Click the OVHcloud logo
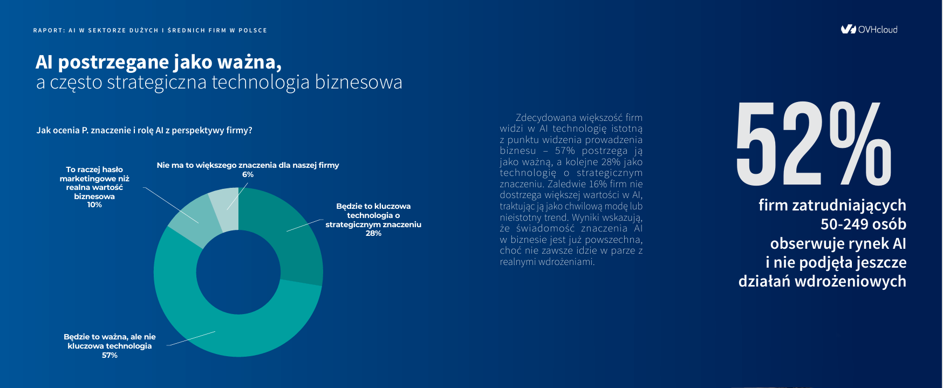(869, 29)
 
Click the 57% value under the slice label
(110, 355)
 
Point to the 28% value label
(373, 233)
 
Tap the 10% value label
(94, 205)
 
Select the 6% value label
(248, 174)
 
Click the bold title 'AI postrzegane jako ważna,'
(159, 62)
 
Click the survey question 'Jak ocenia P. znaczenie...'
(144, 130)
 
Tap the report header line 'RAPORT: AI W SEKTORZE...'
(150, 30)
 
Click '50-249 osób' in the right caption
(863, 224)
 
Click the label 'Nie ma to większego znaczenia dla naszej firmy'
(248, 165)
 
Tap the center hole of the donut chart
(238, 273)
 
